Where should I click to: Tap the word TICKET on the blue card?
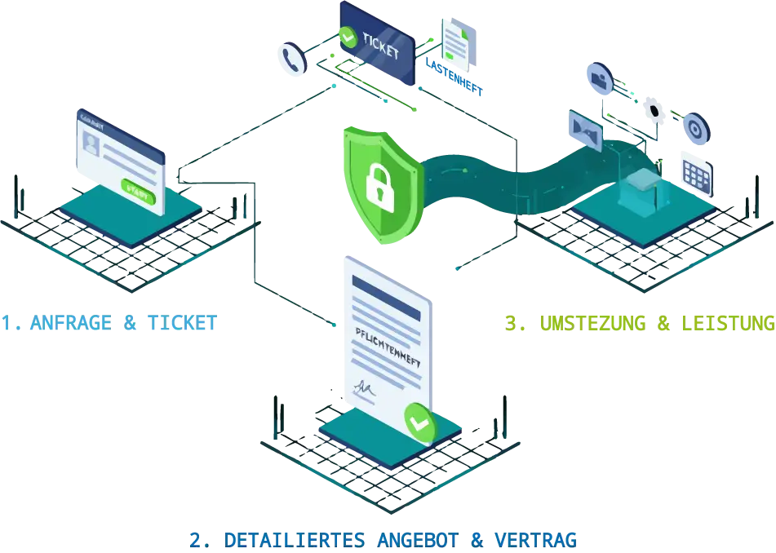pyautogui.click(x=382, y=48)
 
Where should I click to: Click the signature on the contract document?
pyautogui.click(x=365, y=389)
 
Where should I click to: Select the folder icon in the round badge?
pyautogui.click(x=600, y=78)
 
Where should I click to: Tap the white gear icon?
pyautogui.click(x=654, y=107)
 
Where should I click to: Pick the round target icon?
pyautogui.click(x=695, y=127)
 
